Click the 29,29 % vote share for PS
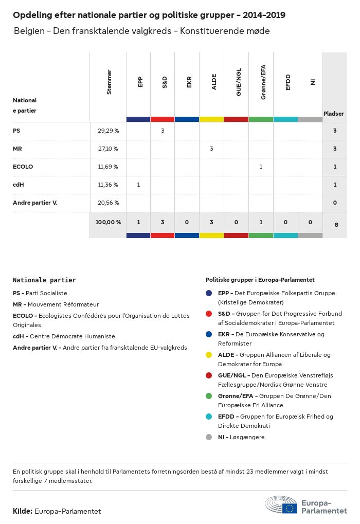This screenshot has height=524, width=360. click(x=108, y=131)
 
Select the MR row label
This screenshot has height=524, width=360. click(x=17, y=149)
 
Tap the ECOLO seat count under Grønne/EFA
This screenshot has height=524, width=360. click(x=261, y=167)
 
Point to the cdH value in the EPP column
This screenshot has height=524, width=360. click(x=138, y=185)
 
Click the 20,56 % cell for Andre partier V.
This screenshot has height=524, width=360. click(x=108, y=203)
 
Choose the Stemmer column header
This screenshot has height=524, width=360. click(x=109, y=82)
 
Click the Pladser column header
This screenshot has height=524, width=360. click(x=334, y=114)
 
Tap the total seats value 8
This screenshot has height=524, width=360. click(x=336, y=224)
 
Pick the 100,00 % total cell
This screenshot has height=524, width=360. click(x=108, y=222)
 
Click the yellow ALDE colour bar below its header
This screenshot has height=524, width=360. click(x=211, y=119)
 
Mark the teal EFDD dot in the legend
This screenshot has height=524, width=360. click(x=209, y=417)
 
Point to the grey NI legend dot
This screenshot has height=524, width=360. click(x=209, y=437)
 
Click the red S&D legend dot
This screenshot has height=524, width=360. click(x=209, y=314)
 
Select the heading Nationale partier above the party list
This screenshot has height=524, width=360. click(x=44, y=280)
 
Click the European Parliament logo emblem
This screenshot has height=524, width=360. click(x=281, y=505)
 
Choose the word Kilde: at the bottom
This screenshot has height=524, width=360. click(x=23, y=511)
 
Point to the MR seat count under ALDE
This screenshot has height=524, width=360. click(x=211, y=149)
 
